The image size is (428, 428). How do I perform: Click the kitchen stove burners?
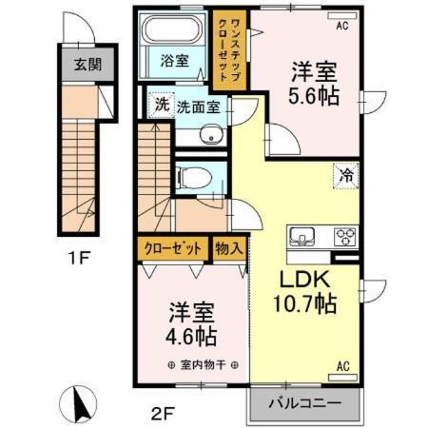tap(342, 237)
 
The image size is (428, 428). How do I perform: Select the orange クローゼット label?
tap(173, 249)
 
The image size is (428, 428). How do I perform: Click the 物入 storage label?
tap(229, 249)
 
